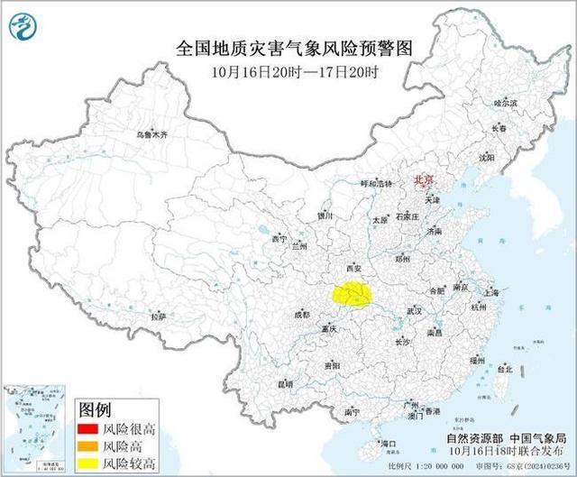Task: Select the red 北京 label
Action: click(x=423, y=180)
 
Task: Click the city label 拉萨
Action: click(x=159, y=316)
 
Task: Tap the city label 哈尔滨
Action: click(x=507, y=104)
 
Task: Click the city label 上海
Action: click(x=491, y=292)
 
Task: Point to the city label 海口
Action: click(x=389, y=444)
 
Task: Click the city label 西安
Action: click(x=353, y=268)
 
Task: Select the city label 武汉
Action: click(x=415, y=309)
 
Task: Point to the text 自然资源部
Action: click(x=472, y=436)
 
